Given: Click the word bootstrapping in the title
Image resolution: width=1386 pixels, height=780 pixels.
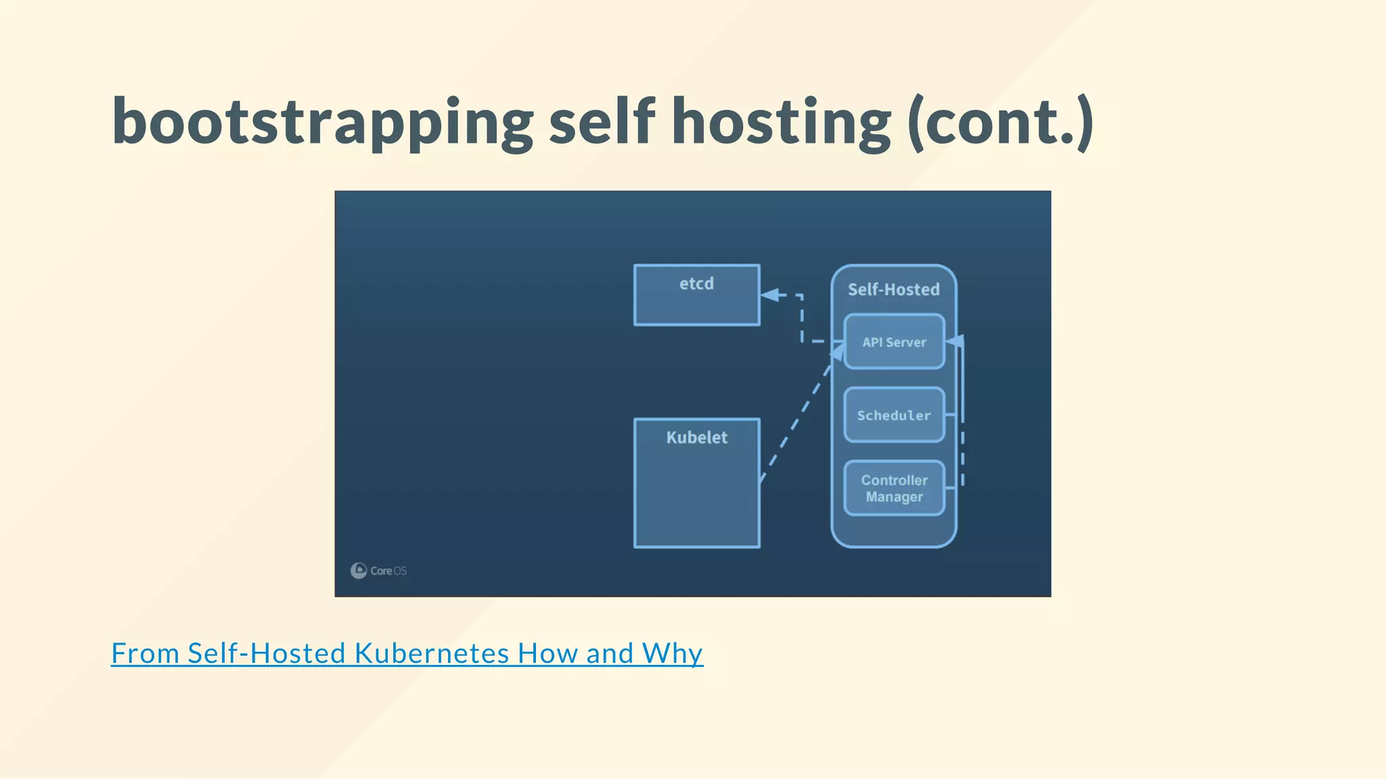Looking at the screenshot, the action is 323,122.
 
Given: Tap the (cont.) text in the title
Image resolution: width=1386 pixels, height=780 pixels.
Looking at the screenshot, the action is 1000,122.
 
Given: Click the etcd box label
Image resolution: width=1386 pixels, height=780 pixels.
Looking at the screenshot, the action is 696,284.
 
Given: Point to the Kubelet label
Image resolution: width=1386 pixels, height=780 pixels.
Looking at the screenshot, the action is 696,437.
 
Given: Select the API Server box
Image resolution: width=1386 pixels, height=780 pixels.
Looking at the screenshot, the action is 894,342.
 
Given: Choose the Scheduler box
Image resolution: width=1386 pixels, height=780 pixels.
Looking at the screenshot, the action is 894,415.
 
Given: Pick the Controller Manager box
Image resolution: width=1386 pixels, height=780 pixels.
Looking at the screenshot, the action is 894,488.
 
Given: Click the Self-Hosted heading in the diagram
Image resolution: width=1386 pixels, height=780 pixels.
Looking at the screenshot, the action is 893,290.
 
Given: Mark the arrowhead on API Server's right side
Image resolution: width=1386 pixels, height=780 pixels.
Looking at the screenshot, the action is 954,341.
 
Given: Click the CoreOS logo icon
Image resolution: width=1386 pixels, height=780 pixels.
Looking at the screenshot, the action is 358,570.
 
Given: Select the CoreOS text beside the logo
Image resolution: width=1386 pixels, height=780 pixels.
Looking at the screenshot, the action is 388,571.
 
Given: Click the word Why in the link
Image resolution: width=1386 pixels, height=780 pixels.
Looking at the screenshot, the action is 672,653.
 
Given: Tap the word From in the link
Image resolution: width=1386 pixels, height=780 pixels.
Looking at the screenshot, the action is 145,653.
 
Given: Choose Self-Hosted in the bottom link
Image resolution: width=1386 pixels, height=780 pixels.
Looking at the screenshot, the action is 267,653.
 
